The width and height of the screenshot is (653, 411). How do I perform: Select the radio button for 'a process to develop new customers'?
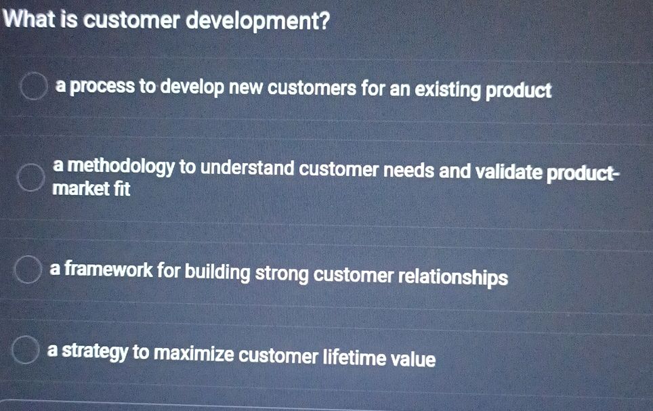tap(33, 88)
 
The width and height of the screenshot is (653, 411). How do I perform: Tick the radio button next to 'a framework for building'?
tap(27, 269)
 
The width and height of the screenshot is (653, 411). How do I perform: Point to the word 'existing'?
tap(448, 89)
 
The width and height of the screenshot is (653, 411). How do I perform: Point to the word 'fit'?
tap(121, 189)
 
